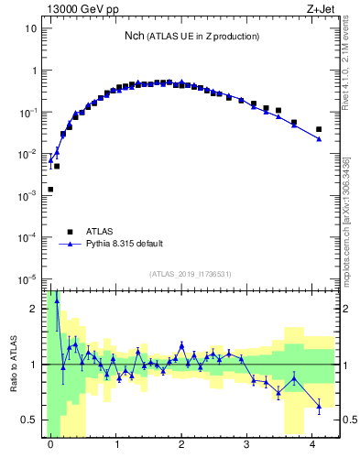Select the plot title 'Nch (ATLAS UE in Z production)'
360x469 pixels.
tap(191, 36)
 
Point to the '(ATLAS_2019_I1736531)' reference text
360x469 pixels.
tap(191, 274)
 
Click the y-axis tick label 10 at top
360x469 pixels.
tap(30, 28)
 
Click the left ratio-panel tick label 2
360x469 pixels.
tap(36, 309)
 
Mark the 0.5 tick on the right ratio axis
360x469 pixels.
tap(348, 420)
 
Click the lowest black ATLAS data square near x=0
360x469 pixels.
tap(50, 190)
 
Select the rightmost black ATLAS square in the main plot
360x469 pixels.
tap(319, 129)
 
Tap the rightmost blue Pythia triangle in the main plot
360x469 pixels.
tap(319, 139)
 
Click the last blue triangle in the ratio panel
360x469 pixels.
tap(319, 406)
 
